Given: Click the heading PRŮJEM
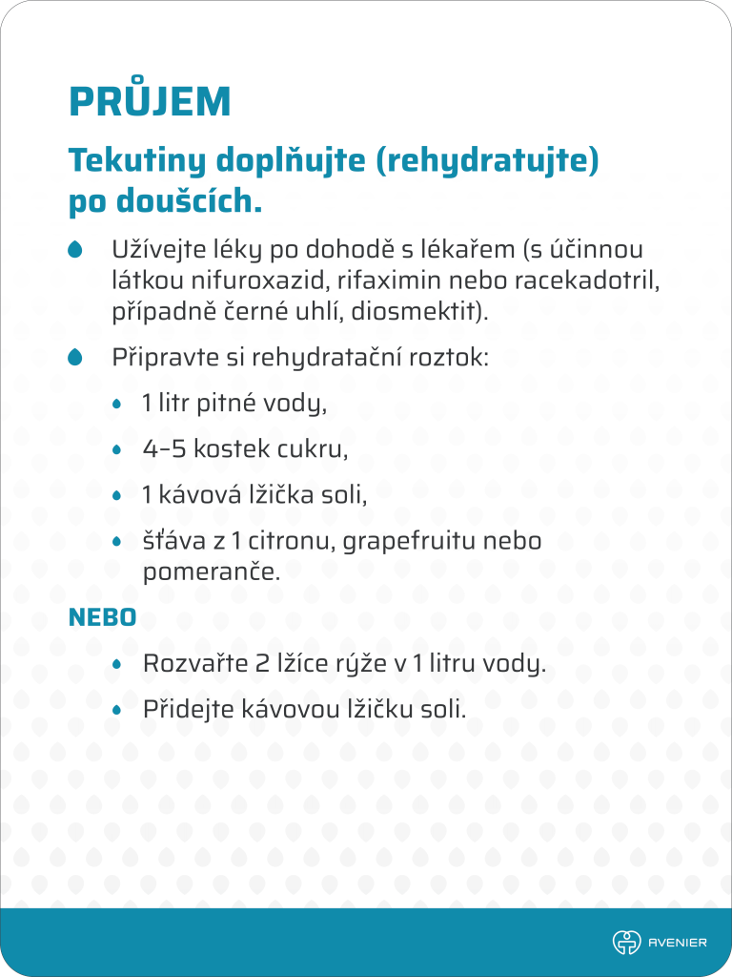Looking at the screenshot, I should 150,101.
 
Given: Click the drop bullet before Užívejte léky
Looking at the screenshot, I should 75,250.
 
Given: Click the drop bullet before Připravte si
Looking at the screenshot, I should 75,358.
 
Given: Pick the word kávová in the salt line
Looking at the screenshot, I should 193,496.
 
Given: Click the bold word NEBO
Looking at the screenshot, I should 102,617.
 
